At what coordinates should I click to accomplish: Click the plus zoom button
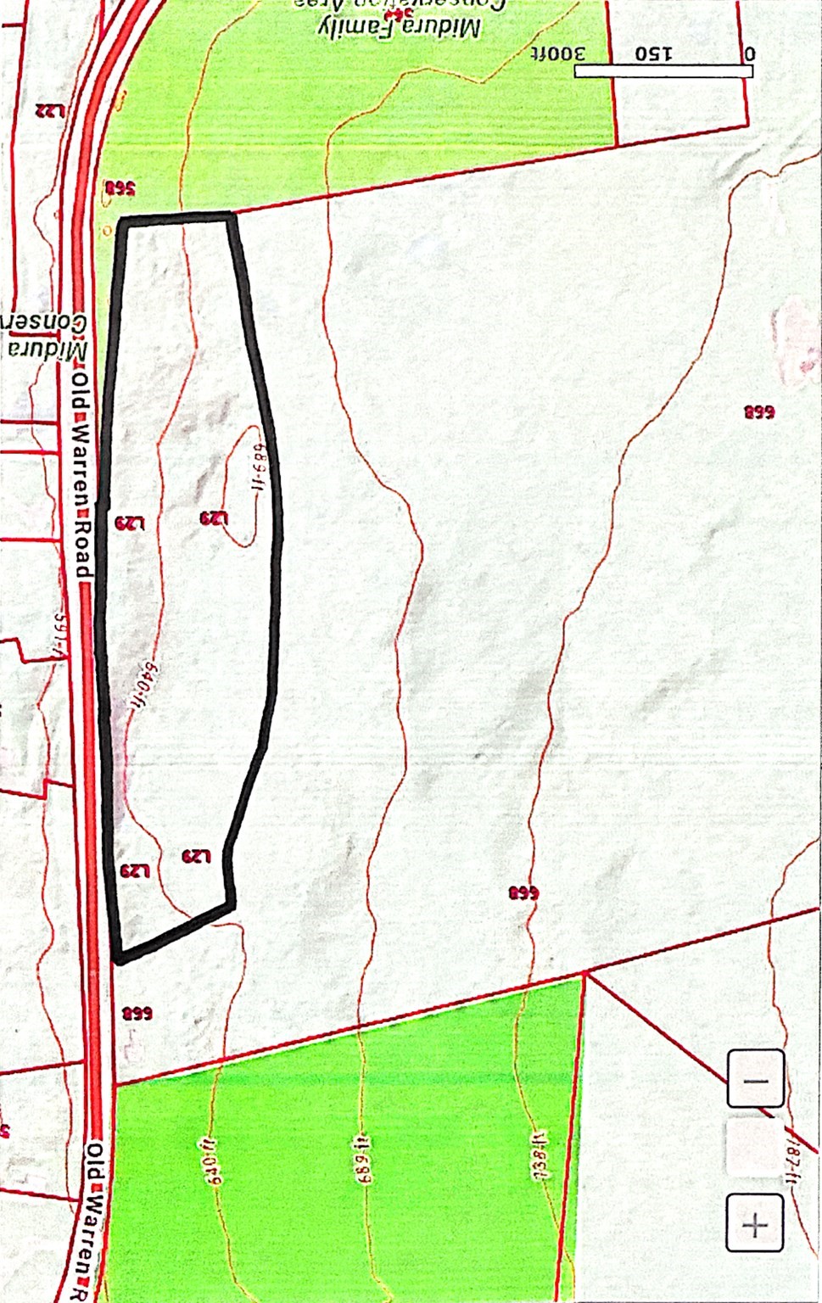754,1222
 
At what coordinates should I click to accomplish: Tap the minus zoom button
755,1080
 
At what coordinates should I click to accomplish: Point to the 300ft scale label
558,53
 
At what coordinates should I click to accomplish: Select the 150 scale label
653,53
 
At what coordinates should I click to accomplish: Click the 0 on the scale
749,53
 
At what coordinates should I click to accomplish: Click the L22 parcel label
50,110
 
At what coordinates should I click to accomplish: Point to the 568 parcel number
120,188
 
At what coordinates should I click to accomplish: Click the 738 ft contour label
540,1155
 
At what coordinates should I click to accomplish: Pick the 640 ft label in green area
212,1159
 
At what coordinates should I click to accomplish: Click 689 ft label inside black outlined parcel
259,461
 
